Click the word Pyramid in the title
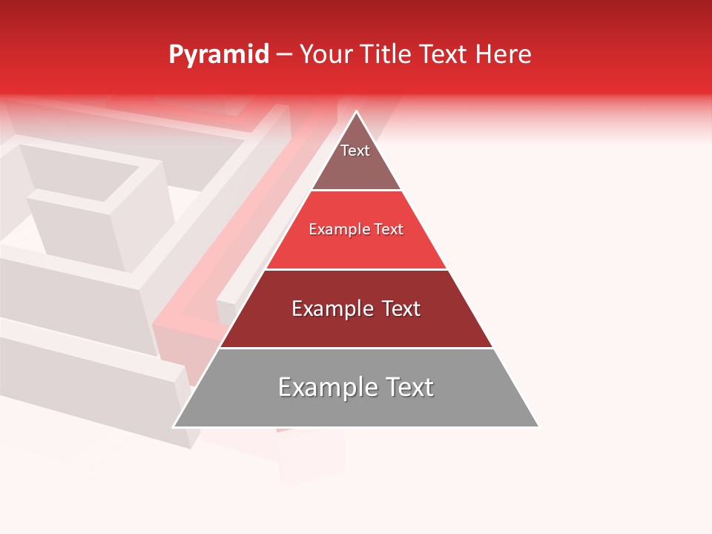(218, 55)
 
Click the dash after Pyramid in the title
(284, 55)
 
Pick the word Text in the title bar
(444, 54)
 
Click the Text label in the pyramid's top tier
(355, 151)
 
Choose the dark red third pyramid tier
(356, 326)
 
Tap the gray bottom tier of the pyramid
(356, 408)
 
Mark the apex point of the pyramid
(357, 112)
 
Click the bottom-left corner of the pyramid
(174, 426)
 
